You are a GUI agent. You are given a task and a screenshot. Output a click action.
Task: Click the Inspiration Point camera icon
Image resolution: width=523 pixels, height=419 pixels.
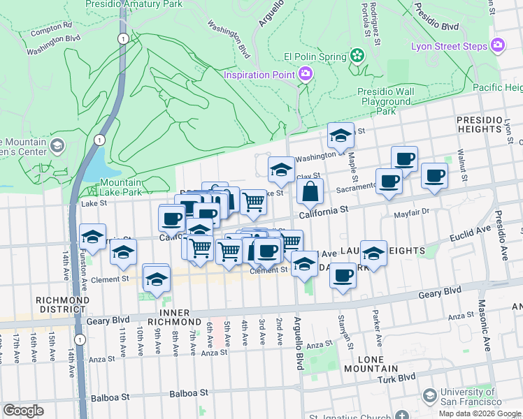(x=306, y=73)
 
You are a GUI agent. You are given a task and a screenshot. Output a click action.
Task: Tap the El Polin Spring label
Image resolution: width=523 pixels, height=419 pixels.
(x=315, y=57)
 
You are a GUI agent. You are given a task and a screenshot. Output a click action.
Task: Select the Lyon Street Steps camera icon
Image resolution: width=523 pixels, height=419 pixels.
(x=498, y=46)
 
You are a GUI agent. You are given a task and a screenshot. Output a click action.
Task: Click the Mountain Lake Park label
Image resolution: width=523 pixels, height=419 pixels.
(x=116, y=187)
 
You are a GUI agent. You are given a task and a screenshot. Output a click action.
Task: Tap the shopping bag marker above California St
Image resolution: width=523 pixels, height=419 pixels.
(x=312, y=191)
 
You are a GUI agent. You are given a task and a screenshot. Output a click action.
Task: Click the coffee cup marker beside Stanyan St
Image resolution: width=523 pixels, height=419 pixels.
(x=342, y=275)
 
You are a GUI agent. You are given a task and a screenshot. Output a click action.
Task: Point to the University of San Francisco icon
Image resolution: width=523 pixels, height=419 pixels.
(x=429, y=397)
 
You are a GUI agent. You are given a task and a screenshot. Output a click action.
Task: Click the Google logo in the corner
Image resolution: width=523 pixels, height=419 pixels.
(x=23, y=410)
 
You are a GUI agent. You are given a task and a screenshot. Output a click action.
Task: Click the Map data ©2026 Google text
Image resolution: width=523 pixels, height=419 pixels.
(x=480, y=413)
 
